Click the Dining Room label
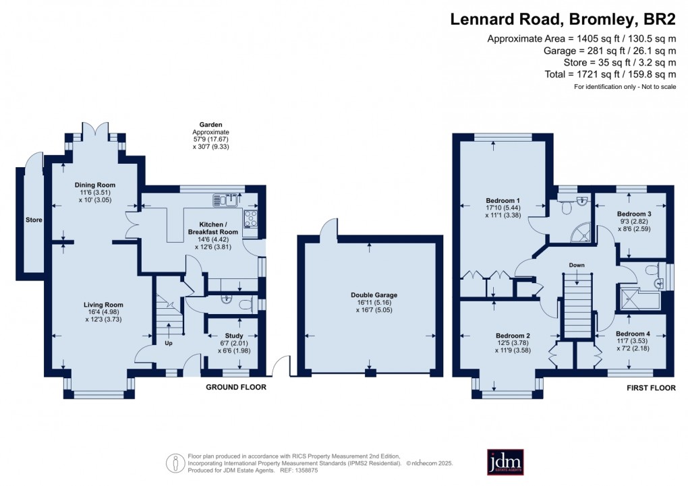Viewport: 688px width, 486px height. (x=94, y=185)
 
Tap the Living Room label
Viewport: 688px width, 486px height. (x=94, y=305)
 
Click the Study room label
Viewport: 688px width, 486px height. (x=234, y=335)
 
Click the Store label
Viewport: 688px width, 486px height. (x=34, y=220)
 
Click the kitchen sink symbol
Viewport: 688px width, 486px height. (x=226, y=199)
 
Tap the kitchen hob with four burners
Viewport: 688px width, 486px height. (x=251, y=216)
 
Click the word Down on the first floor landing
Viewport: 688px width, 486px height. (x=577, y=265)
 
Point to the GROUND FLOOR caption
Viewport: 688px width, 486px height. (x=235, y=388)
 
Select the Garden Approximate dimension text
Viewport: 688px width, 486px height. (x=211, y=135)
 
